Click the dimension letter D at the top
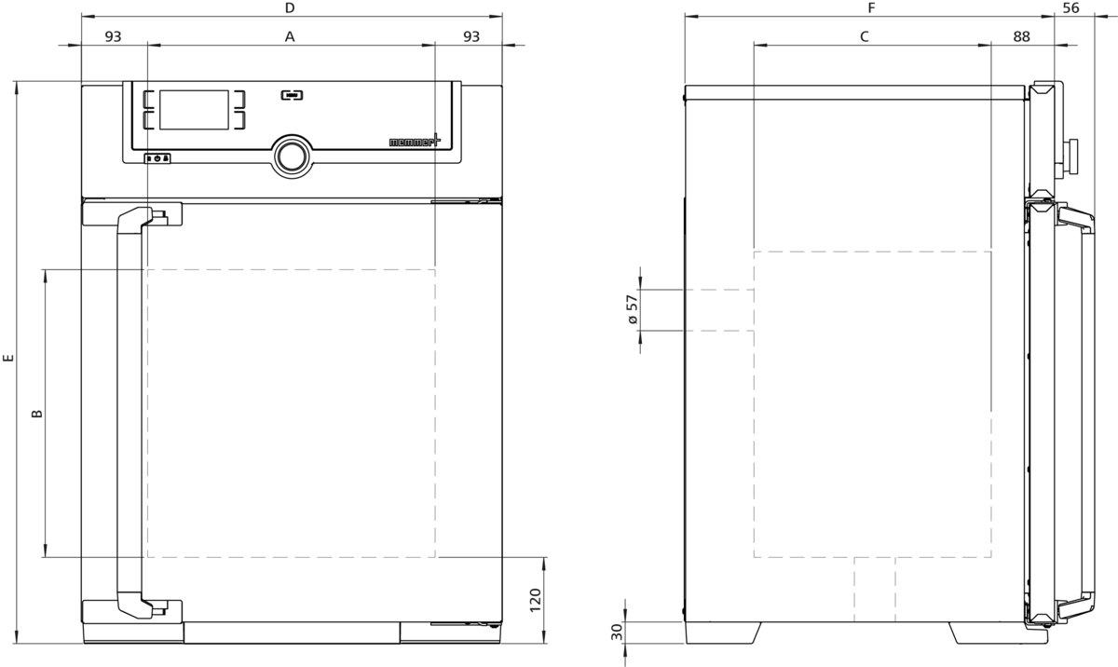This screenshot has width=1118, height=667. click(290, 8)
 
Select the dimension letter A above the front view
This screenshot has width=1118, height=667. click(290, 36)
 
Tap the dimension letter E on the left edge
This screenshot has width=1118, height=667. click(8, 358)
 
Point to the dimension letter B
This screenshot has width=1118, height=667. click(37, 414)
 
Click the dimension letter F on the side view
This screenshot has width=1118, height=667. click(871, 8)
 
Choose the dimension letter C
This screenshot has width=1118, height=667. click(865, 36)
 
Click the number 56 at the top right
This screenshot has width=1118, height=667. click(1071, 8)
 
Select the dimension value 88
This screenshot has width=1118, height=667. click(1022, 36)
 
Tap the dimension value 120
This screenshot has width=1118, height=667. click(535, 600)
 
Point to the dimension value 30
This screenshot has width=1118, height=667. click(618, 633)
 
